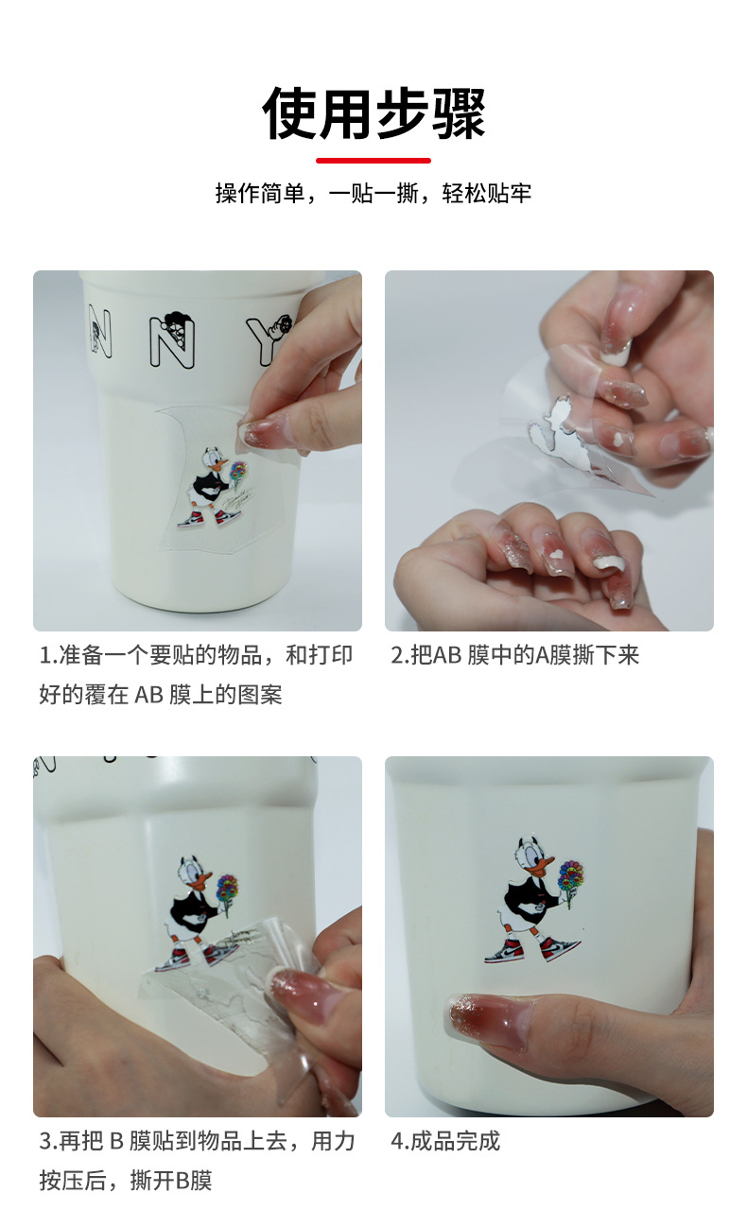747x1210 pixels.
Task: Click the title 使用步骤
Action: point(373,114)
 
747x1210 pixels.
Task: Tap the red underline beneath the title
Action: point(373,161)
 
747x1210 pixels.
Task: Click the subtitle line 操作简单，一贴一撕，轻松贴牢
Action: point(373,194)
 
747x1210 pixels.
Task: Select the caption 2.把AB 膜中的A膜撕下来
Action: point(515,655)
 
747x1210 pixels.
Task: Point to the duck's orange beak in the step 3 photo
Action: point(203,879)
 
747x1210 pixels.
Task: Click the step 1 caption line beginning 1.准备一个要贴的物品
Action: point(196,655)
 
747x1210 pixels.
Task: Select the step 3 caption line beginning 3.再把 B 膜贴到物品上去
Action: point(196,1141)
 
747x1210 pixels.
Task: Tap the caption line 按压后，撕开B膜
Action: point(125,1181)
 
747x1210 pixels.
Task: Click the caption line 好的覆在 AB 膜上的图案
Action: point(161,695)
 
